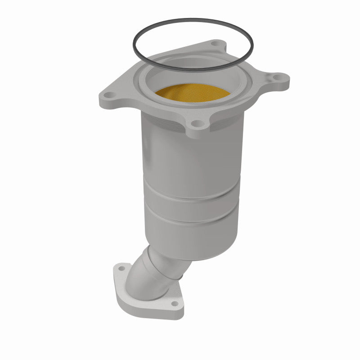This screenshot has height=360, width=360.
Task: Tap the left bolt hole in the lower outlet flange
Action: coord(121,269)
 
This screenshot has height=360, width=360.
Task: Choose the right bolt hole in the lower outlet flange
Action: coord(175,304)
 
